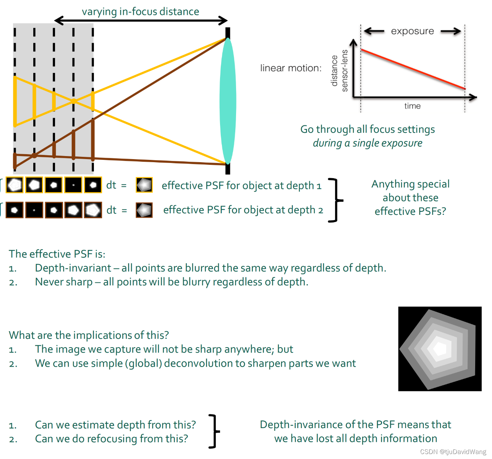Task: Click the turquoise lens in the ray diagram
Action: point(228,101)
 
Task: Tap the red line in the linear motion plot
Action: point(413,69)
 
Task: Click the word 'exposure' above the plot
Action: point(413,31)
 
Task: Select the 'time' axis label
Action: point(413,106)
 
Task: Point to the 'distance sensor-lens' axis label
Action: point(340,71)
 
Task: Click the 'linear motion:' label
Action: point(291,68)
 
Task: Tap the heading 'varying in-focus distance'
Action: point(140,12)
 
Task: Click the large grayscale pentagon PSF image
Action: point(440,348)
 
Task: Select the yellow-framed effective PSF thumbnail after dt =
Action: point(144,185)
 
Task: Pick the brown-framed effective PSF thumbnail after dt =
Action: point(144,210)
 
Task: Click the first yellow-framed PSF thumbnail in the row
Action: point(15,185)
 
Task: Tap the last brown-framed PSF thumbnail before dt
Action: point(93,210)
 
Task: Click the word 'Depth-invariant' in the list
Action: point(73,268)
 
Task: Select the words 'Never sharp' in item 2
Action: point(64,282)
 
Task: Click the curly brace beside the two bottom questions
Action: point(215,431)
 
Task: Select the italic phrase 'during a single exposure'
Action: point(367,143)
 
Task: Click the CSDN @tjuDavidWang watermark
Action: point(453,452)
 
